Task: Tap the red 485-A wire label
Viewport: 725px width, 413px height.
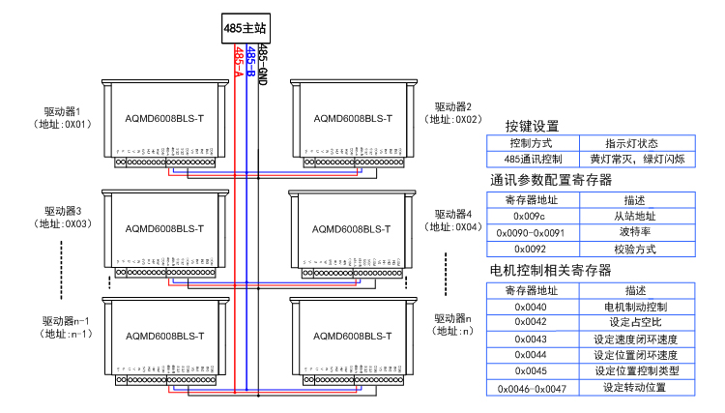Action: pos(237,64)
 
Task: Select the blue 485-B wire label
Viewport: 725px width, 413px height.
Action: pos(249,64)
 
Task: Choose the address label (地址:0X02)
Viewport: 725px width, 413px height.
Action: pos(454,119)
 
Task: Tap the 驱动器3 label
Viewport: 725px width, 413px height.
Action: pos(64,210)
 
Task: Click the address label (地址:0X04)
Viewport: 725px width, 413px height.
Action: pos(454,226)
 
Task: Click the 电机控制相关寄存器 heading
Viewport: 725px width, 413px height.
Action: pos(551,270)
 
